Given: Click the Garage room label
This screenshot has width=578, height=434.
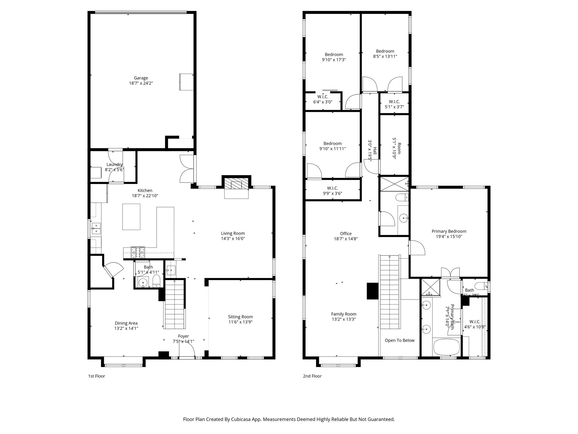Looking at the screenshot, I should tap(141, 78).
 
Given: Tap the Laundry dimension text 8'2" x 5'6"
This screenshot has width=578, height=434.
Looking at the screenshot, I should tap(115, 170).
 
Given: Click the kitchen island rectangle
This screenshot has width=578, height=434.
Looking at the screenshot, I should tap(131, 217).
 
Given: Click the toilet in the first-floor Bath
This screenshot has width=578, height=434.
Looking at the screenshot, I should tap(156, 281).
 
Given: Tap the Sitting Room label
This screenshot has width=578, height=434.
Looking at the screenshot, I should tap(240, 317).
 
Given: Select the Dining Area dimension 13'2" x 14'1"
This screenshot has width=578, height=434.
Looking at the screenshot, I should tap(126, 328).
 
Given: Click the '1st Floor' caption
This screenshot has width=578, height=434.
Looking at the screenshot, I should tap(97, 376).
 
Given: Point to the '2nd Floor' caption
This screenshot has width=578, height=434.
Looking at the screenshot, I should tap(312, 376).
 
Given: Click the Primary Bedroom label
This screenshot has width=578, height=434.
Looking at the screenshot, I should tap(449, 231).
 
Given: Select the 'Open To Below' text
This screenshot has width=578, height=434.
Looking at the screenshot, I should tap(400, 340).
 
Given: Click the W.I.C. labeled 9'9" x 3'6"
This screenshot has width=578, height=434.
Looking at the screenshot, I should tap(332, 191).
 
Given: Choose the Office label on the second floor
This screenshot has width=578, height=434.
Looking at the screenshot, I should tap(346, 233).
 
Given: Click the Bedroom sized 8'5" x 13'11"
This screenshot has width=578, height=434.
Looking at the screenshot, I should tap(385, 54).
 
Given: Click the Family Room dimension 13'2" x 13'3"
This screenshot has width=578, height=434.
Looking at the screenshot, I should tap(343, 319).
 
